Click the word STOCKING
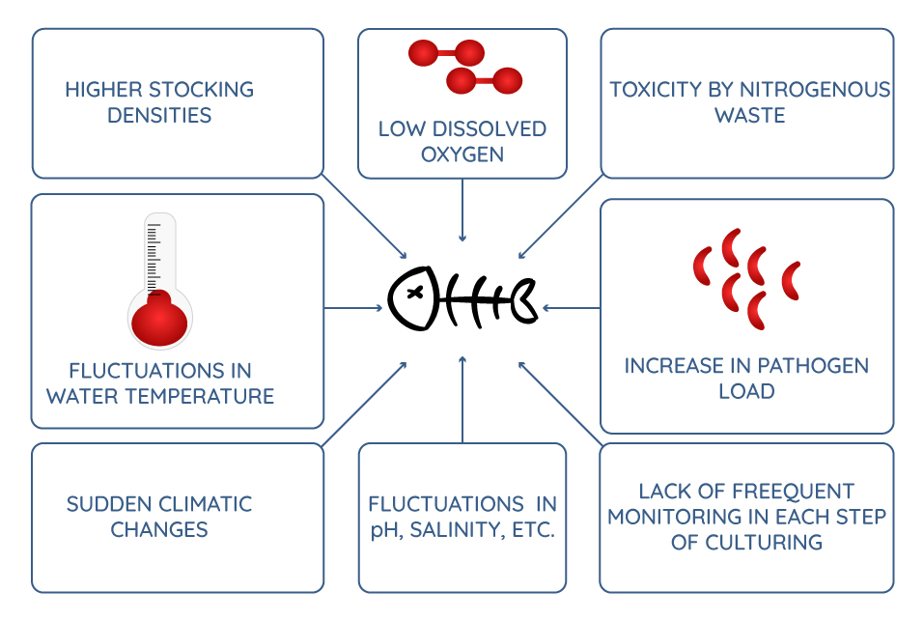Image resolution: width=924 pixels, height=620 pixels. (201, 90)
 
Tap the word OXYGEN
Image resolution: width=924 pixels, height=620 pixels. (462, 155)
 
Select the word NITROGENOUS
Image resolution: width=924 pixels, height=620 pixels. (814, 90)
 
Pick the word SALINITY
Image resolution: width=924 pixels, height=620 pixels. (458, 530)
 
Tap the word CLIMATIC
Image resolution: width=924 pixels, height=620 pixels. (205, 504)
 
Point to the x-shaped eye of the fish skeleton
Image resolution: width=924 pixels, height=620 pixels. (415, 293)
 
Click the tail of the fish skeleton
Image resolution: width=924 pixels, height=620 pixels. (523, 300)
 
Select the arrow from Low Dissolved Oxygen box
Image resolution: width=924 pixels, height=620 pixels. (462, 210)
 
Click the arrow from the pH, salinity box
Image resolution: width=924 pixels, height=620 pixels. (462, 400)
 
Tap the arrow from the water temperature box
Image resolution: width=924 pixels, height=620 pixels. (353, 308)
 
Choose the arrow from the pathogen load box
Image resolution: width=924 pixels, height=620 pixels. (571, 308)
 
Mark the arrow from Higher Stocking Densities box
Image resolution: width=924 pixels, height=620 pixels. (365, 216)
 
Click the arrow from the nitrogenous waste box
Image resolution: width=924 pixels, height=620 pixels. (560, 216)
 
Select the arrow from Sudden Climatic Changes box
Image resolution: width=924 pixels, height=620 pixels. (365, 404)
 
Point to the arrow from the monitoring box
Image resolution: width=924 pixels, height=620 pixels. (560, 404)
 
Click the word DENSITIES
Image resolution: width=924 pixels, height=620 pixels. (159, 116)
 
